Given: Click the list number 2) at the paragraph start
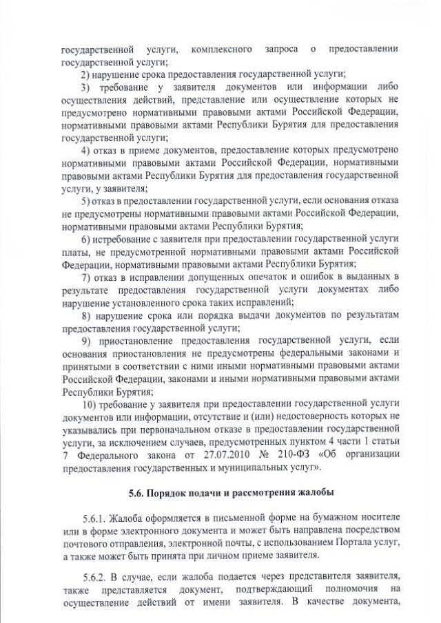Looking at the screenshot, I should click(85, 74).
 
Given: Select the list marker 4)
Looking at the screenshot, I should click(85, 150).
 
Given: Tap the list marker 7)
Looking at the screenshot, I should click(85, 277).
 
